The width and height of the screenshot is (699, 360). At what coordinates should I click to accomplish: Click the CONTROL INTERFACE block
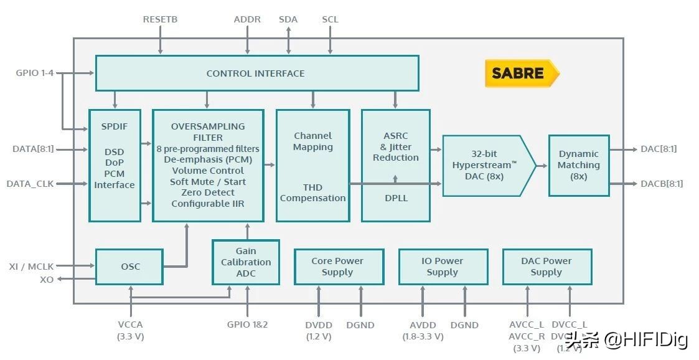pos(256,73)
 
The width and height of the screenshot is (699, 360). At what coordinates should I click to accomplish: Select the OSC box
pos(129,267)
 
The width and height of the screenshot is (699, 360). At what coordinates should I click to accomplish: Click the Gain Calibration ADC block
pos(245,262)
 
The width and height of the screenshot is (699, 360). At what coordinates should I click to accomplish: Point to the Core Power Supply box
pos(337,267)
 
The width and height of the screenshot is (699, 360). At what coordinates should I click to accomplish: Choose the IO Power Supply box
pos(442,267)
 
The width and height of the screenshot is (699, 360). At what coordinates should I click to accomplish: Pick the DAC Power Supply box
pos(546,267)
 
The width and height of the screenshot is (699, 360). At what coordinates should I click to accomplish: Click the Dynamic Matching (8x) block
pos(578,165)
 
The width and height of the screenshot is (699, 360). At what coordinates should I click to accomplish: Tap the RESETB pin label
pos(160,19)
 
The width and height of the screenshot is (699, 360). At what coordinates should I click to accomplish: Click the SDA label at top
pos(288,19)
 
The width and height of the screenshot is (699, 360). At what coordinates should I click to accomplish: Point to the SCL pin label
pos(330,19)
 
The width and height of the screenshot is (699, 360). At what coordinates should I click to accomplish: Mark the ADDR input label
pos(247,19)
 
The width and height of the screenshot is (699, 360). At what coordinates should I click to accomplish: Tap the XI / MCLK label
pos(30,267)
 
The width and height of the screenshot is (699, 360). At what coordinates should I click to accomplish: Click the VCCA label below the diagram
pos(130,325)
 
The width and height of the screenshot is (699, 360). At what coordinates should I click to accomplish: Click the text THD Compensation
pos(312,193)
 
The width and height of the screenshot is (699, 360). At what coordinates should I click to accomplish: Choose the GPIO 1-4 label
pos(34,73)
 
